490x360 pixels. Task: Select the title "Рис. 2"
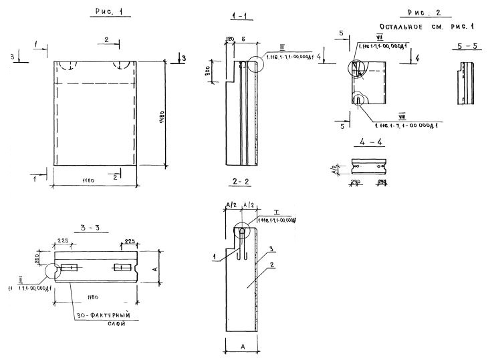click(x=424, y=13)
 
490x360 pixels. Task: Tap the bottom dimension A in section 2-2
click(x=239, y=346)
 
